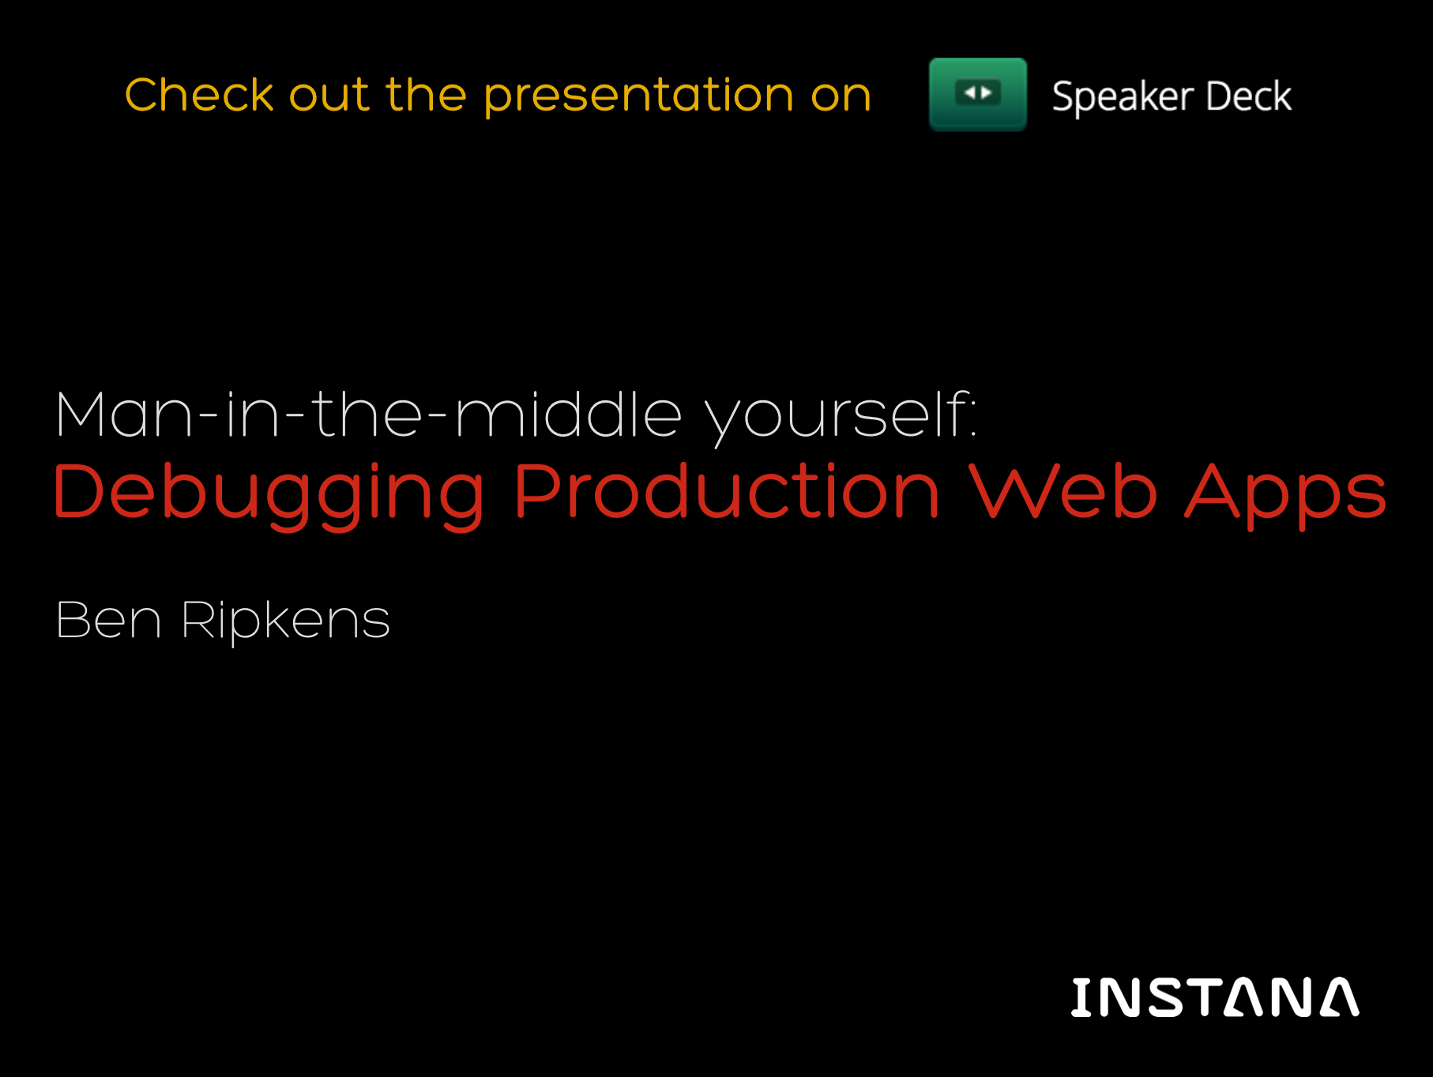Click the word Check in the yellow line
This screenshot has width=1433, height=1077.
click(x=199, y=95)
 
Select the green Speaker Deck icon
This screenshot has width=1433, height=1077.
click(x=978, y=95)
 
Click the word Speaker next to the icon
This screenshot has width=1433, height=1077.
click(x=1123, y=97)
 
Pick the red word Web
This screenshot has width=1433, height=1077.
click(x=1063, y=490)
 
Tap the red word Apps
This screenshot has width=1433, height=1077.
click(x=1285, y=494)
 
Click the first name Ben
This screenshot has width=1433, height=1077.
click(x=109, y=620)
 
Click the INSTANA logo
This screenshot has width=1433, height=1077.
click(x=1215, y=996)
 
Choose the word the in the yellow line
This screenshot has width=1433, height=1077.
click(x=426, y=95)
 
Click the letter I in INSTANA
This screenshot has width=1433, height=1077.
click(x=1081, y=996)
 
